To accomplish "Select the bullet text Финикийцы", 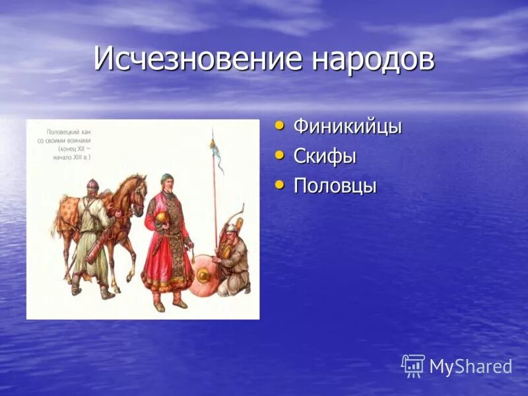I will (x=347, y=127).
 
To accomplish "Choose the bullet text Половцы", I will (x=335, y=186).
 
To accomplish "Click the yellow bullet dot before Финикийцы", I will (x=280, y=125).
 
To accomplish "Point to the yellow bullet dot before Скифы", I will (x=280, y=154).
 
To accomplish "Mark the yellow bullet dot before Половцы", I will (x=280, y=184).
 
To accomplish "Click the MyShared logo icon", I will (x=413, y=366).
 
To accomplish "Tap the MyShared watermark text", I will (x=471, y=367).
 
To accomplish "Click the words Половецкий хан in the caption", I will (x=68, y=133).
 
